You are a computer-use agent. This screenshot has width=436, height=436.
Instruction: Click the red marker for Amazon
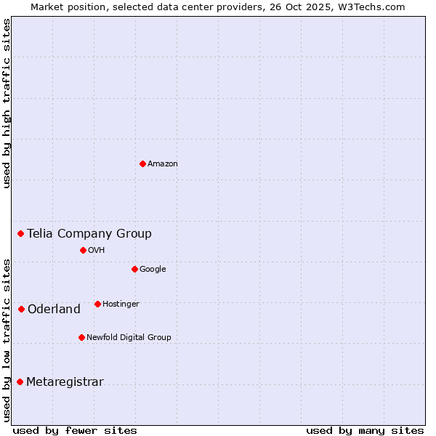pyautogui.click(x=142, y=163)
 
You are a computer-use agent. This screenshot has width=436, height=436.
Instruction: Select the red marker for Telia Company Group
pyautogui.click(x=21, y=233)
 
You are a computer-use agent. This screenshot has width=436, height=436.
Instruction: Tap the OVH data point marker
pyautogui.click(x=83, y=250)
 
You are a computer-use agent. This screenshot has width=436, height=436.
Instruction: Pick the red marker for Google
pyautogui.click(x=134, y=269)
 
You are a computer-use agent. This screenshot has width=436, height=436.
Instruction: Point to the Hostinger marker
pyautogui.click(x=97, y=304)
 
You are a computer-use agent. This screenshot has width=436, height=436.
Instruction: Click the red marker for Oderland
pyautogui.click(x=21, y=309)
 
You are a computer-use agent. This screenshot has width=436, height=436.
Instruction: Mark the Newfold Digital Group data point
pyautogui.click(x=81, y=337)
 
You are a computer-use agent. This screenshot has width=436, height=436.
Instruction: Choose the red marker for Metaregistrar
pyautogui.click(x=20, y=381)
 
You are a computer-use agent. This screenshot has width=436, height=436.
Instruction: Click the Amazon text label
pyautogui.click(x=163, y=163)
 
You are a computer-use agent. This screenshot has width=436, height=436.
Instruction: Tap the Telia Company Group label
pyautogui.click(x=89, y=233)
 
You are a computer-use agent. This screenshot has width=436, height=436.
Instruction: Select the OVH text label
pyautogui.click(x=97, y=250)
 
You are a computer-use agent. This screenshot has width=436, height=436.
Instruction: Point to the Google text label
pyautogui.click(x=153, y=269)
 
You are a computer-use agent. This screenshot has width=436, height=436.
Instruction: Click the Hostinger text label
pyautogui.click(x=121, y=304)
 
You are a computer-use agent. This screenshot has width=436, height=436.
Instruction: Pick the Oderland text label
pyautogui.click(x=54, y=309)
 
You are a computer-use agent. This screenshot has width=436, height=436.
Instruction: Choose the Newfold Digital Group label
pyautogui.click(x=129, y=337)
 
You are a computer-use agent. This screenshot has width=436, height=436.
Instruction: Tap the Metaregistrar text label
pyautogui.click(x=65, y=381)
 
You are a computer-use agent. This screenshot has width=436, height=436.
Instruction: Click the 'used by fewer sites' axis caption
pyautogui.click(x=75, y=430)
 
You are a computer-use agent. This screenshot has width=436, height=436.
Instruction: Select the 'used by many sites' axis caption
pyautogui.click(x=365, y=430)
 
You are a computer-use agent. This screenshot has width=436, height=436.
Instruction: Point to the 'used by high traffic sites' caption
pyautogui.click(x=7, y=103)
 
